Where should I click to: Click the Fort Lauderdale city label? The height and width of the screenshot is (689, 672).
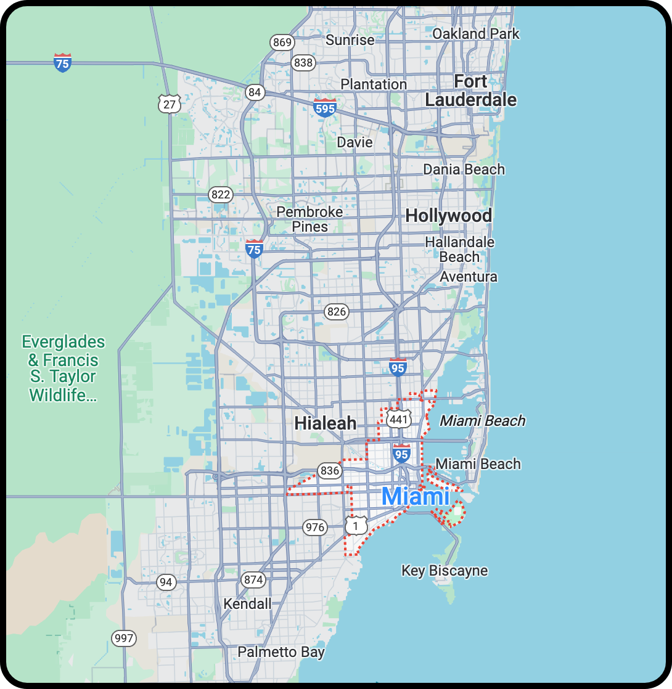pos(470,91)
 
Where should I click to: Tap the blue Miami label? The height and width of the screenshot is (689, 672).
pos(416,497)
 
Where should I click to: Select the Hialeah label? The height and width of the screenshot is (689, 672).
pos(325,423)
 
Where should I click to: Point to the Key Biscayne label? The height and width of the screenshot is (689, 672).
pos(444,571)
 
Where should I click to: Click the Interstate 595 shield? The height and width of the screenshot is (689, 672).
pos(324,108)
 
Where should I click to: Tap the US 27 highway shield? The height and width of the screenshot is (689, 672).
pos(169,104)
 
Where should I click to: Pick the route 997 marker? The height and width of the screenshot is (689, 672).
pos(123,638)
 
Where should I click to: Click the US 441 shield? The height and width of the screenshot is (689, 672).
pos(398,420)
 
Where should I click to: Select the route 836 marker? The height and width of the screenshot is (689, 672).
pos(330,471)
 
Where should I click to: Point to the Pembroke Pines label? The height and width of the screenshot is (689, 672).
pos(309,219)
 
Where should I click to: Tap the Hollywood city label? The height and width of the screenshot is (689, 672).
pos(448,216)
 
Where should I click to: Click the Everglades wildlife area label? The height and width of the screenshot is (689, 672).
pos(63,369)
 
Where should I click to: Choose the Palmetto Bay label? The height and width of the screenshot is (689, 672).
pos(281,652)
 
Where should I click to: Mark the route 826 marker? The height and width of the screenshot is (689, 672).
pos(337,311)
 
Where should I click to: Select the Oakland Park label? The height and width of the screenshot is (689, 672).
pos(475,34)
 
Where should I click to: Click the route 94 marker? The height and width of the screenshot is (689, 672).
pos(165,582)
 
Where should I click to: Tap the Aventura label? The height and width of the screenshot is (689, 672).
pos(468,277)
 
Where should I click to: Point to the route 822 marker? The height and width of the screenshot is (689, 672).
pos(220,195)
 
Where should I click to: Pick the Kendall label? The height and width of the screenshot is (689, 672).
pos(247,603)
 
